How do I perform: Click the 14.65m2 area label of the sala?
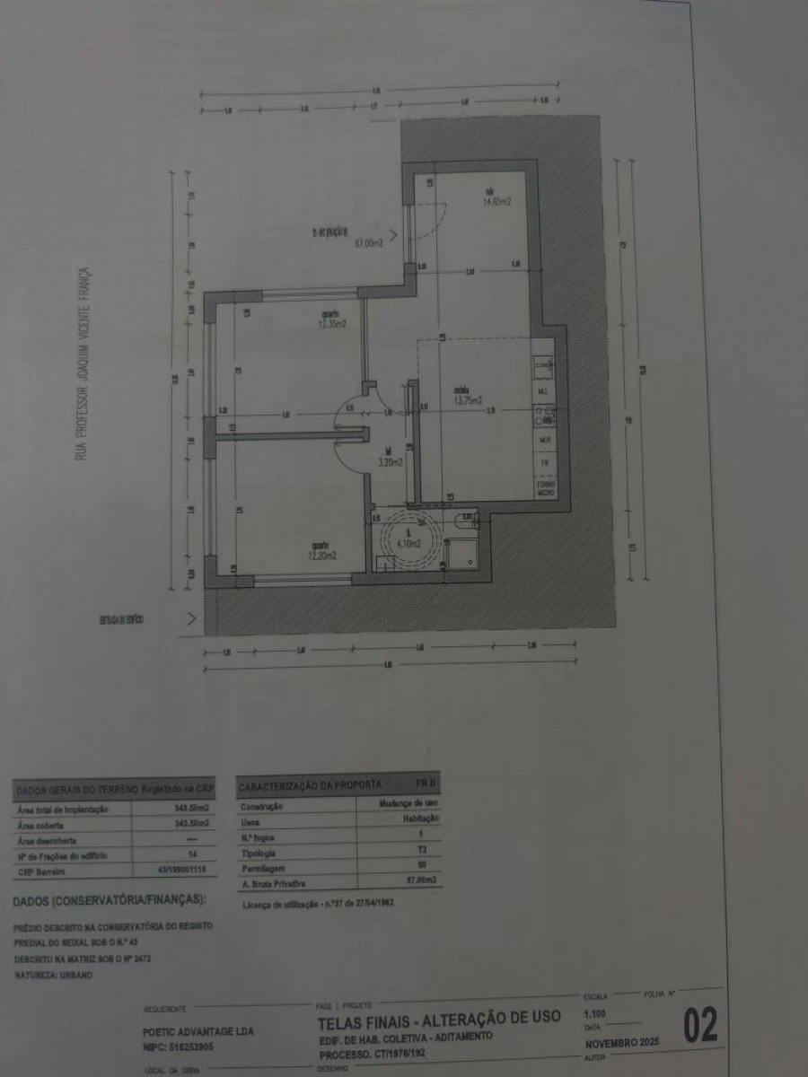496,202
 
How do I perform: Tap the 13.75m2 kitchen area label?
468,400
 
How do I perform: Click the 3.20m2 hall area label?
390,462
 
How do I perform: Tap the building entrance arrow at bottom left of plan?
190,618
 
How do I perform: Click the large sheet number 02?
700,1026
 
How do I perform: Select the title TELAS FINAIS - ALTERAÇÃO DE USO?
438,1018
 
